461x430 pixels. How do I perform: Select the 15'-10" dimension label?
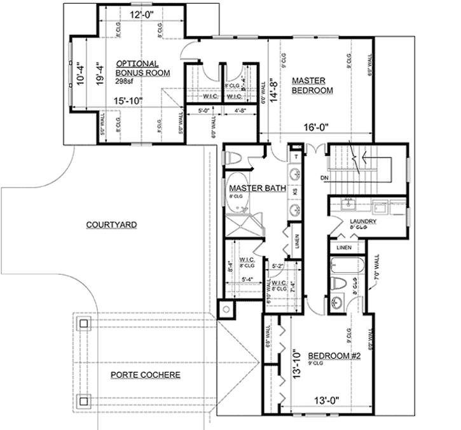127,101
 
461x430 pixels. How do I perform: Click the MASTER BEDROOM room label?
312,85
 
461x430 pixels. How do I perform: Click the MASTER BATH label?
256,188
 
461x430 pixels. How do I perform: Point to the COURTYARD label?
112,225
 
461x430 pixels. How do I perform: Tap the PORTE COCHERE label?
145,375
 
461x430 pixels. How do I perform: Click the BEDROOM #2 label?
334,356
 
